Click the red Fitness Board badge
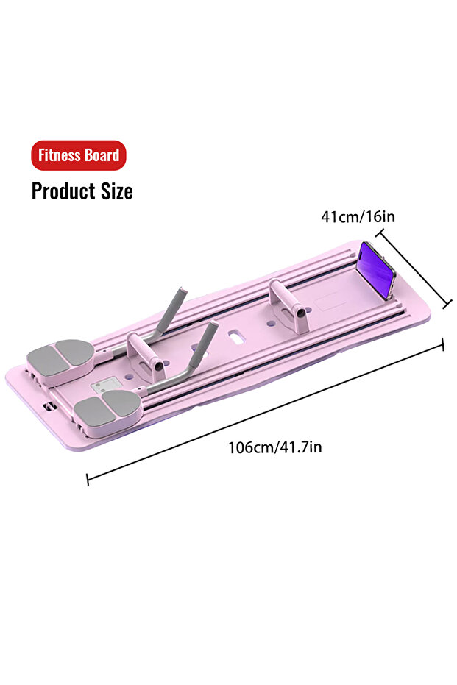(x=78, y=155)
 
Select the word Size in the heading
(x=116, y=191)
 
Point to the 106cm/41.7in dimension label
(x=274, y=447)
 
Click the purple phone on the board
(x=377, y=270)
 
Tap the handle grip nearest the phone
(x=286, y=301)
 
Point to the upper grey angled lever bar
(x=172, y=310)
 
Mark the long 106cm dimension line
(x=265, y=412)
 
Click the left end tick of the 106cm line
(x=88, y=479)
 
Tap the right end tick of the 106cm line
(x=442, y=345)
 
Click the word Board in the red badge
(x=101, y=155)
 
